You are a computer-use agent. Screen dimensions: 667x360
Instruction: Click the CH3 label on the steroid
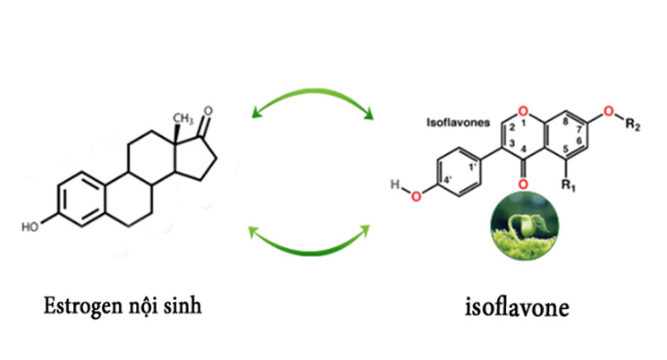click(183, 119)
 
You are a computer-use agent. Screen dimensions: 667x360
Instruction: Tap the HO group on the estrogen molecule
click(30, 228)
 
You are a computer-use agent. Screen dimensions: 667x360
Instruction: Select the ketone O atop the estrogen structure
click(207, 111)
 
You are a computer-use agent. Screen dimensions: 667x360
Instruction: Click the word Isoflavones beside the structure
click(458, 122)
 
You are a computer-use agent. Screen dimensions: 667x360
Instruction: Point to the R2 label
click(632, 124)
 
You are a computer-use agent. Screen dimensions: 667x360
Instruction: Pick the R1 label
click(568, 185)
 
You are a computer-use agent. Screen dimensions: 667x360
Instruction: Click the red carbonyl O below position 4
click(523, 184)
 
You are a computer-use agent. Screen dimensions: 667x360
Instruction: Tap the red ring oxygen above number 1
click(524, 111)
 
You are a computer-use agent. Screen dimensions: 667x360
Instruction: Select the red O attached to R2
click(609, 111)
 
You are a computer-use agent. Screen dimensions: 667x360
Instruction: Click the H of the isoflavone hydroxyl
click(395, 185)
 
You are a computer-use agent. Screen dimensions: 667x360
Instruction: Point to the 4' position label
click(447, 180)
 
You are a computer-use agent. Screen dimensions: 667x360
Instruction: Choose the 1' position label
click(472, 167)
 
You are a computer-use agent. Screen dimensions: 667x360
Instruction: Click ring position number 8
click(566, 122)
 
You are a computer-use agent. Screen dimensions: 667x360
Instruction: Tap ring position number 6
click(578, 140)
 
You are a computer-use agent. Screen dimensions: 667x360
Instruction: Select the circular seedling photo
click(524, 226)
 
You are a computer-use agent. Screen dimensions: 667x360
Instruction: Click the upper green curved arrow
click(312, 91)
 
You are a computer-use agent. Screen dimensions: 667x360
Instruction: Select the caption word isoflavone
click(517, 307)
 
